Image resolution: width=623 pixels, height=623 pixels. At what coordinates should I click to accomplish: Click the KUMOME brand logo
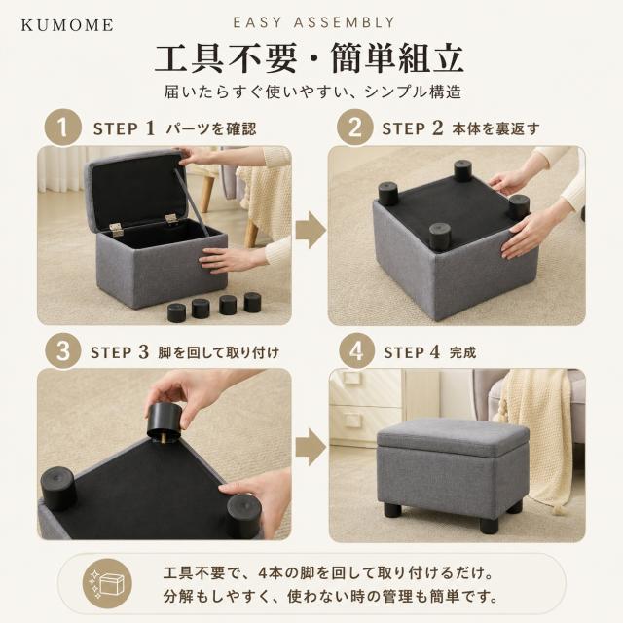point(67,25)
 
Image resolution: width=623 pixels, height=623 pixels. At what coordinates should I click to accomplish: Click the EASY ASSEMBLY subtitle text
point(314,22)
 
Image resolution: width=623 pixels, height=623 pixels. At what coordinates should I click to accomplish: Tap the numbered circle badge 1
point(62,128)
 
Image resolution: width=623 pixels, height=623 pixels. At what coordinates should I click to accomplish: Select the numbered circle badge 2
point(354,128)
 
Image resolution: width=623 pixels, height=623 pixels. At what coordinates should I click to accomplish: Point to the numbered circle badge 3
point(62,351)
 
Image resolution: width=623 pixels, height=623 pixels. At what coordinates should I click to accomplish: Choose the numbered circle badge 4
point(356,351)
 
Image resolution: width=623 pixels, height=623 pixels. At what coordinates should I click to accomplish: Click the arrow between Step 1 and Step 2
point(311,231)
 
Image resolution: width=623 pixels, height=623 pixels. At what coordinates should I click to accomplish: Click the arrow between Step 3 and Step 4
point(311,447)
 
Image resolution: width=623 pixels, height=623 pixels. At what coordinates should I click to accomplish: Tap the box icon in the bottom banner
point(107,583)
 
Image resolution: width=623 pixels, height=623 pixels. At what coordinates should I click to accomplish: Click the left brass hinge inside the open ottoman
point(117,230)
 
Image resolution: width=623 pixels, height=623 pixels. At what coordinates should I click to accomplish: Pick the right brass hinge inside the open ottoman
point(171,218)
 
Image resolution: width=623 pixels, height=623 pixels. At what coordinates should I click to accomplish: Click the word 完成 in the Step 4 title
point(462,352)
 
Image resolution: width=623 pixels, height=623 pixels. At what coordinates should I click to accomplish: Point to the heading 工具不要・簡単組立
point(310,58)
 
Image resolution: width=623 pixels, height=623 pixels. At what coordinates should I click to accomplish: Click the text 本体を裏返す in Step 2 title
point(496,128)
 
